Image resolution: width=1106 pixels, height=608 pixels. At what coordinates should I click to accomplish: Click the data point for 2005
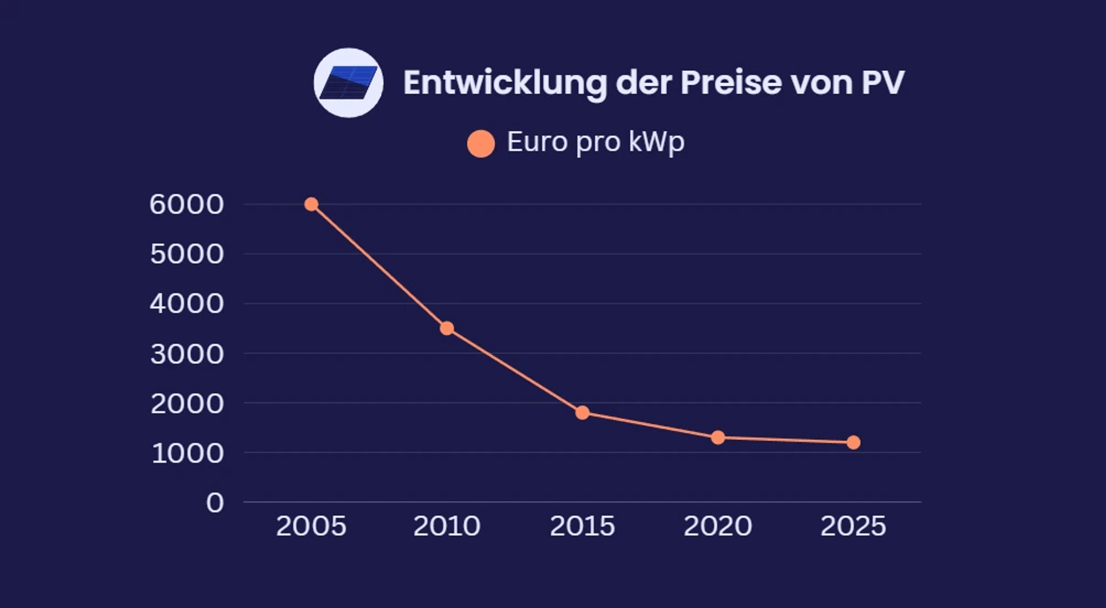point(311,204)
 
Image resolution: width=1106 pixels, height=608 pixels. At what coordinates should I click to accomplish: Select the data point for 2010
point(447,328)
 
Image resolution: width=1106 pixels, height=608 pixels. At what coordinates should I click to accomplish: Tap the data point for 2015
point(582,413)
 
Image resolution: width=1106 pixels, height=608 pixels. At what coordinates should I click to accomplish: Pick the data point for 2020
point(718,437)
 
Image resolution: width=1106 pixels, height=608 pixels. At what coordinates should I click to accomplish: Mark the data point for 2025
point(853,442)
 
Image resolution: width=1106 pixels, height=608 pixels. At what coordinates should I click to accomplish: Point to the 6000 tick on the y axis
point(187,204)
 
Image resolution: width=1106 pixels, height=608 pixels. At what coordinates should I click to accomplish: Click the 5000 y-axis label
point(187,254)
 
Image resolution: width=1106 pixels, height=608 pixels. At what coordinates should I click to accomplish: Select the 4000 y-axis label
point(187,304)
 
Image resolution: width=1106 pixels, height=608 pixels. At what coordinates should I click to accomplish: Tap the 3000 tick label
point(187,354)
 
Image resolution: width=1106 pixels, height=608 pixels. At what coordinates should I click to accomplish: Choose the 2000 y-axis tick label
point(187,404)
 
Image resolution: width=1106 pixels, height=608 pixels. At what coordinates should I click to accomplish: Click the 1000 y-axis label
point(188,453)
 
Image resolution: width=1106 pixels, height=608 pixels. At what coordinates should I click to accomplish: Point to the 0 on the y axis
point(215,503)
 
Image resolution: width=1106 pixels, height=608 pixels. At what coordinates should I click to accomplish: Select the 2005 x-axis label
point(311,526)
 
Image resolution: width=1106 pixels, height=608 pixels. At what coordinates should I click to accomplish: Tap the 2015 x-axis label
point(582,526)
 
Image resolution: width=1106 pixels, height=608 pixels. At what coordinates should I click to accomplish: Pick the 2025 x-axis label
point(853,526)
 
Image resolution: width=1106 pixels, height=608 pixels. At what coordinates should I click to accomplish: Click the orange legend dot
point(481,144)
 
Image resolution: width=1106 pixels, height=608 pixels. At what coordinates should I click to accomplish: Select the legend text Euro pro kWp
point(596,142)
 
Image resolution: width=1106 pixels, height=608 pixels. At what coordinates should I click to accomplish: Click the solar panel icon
point(348,83)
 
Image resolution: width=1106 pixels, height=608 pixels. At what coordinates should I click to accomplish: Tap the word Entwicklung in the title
point(505,83)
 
